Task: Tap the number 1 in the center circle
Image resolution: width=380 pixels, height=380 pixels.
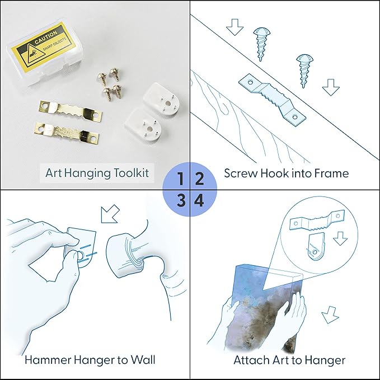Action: [x=180, y=179]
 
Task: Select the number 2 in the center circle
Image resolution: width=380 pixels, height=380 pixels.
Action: [x=199, y=179]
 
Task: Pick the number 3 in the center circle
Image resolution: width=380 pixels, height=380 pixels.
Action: [x=181, y=201]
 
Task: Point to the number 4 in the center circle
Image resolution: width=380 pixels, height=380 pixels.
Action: [x=199, y=201]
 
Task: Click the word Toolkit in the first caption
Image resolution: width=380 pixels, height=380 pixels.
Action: [x=132, y=173]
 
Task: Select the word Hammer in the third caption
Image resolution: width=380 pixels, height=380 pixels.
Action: [x=47, y=360]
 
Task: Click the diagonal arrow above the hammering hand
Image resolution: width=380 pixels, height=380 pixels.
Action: [x=110, y=214]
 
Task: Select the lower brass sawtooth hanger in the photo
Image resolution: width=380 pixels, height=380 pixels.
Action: [x=67, y=132]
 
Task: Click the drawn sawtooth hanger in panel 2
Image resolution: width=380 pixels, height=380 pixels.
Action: [x=272, y=100]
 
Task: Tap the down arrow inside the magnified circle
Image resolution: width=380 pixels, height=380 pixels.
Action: [x=340, y=238]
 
